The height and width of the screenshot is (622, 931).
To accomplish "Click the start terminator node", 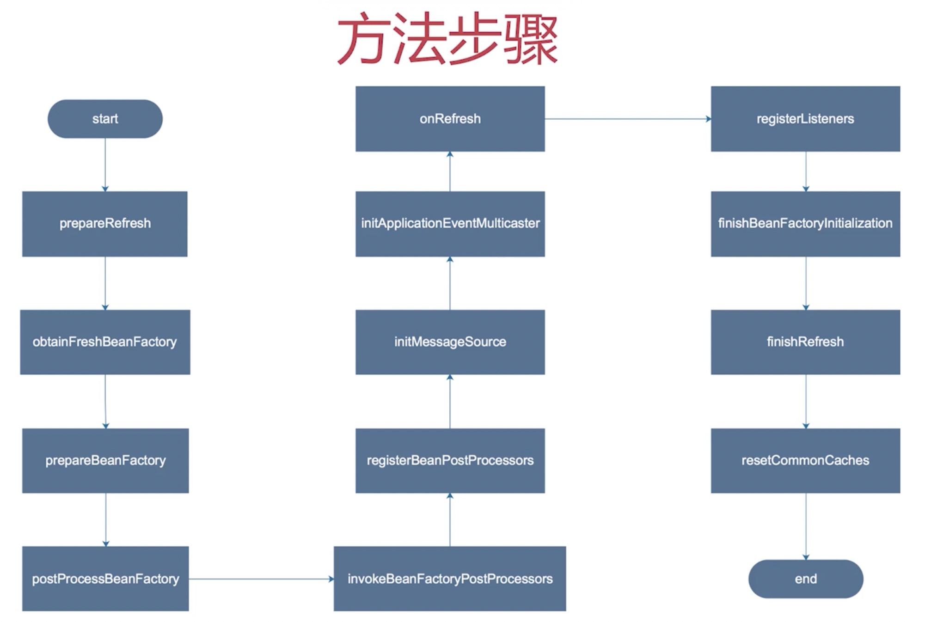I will coord(105,119).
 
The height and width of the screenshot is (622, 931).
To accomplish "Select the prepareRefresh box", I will coord(105,224).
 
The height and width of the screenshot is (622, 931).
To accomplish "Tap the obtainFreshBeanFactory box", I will coord(105,342).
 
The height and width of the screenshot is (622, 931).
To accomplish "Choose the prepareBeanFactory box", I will coord(105,460).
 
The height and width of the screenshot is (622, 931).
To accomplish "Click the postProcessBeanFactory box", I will coord(105,579).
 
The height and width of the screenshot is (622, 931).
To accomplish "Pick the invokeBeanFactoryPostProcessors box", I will coord(450,579).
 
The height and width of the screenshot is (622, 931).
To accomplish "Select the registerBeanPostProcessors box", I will coord(450,460).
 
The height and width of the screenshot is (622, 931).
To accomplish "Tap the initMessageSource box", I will coord(450,342).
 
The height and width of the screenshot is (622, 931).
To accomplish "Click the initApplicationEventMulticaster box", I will coord(450,224).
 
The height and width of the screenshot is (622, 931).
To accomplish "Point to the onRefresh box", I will coord(450,119).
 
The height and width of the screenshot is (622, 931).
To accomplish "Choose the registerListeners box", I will coord(805,119).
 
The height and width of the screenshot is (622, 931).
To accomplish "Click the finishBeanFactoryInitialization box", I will coord(805,224).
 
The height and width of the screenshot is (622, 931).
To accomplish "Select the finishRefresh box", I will coord(805,342).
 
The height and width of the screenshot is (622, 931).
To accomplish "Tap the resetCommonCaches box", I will coord(805,460).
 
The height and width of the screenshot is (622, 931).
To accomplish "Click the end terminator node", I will coord(805,579).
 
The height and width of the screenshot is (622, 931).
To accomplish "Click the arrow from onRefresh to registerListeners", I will coord(628,119).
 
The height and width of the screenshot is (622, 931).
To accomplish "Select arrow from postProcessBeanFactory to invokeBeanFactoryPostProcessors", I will coord(261,579).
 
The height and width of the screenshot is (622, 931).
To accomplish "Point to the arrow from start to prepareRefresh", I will coord(105,165).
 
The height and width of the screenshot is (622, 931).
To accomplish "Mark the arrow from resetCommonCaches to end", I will coord(806,526).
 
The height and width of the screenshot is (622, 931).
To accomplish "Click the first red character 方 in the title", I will coord(363,39).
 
